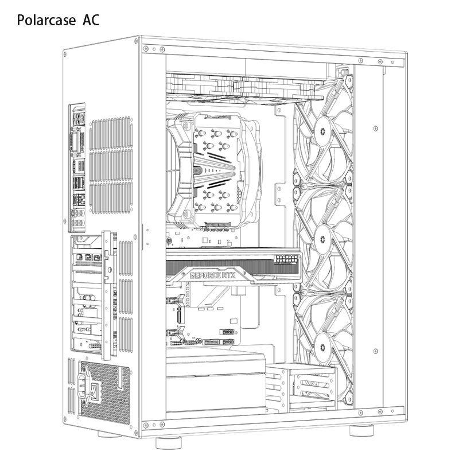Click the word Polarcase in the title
(46, 21)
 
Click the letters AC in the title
(91, 20)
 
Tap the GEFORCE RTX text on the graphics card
(212, 275)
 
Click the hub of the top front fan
(322, 131)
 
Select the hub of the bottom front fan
(322, 347)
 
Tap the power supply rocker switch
(93, 390)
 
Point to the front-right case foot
(361, 430)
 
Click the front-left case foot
(168, 442)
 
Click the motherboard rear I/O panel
(77, 168)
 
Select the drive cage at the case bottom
(302, 386)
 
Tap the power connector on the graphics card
(287, 259)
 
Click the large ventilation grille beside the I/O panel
(111, 165)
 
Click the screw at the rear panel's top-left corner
(65, 54)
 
